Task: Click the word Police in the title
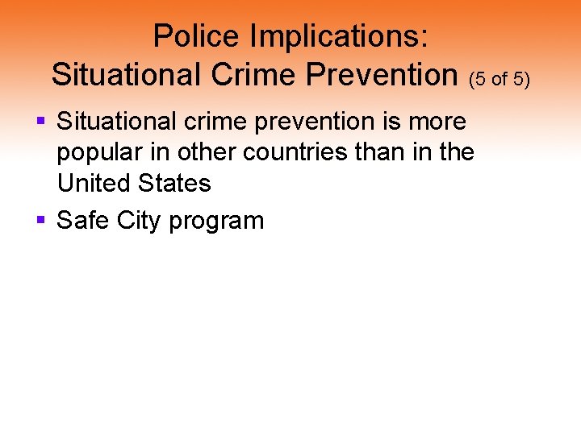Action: coord(196,36)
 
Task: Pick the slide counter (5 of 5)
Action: coord(499,78)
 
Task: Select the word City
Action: coord(140,221)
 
